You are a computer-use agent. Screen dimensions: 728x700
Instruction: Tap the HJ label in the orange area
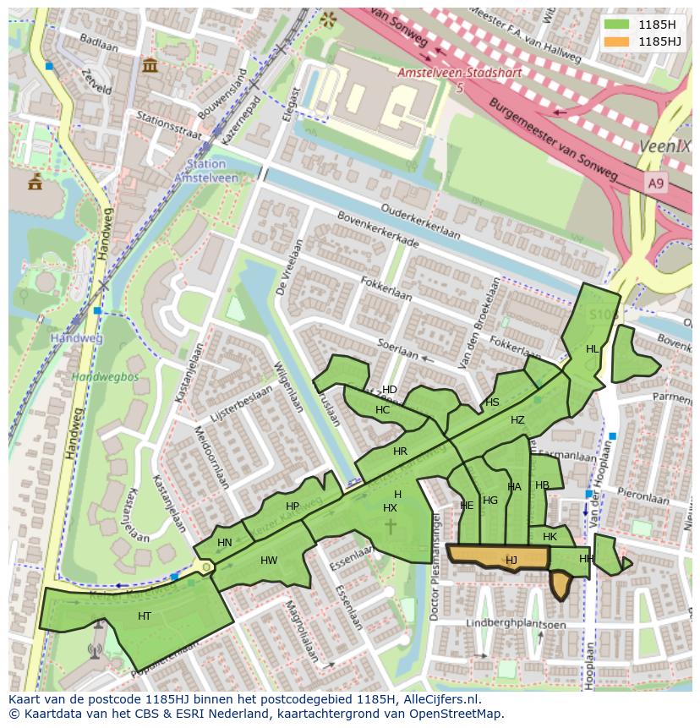click(511, 560)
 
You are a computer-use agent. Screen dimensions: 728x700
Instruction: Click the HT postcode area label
click(145, 616)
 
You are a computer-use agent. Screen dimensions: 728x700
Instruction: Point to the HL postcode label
click(592, 348)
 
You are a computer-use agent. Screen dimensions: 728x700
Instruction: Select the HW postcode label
click(269, 561)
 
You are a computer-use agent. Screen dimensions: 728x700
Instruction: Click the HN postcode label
click(224, 543)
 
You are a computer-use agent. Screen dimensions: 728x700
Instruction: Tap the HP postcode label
click(293, 506)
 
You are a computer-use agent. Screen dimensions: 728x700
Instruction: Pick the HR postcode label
click(400, 452)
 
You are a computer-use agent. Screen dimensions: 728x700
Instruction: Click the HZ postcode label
click(517, 420)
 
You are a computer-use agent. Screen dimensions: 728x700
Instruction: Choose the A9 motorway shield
click(655, 183)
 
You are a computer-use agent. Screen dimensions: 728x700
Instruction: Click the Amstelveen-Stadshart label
click(459, 74)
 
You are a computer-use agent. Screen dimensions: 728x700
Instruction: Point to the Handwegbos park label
click(104, 376)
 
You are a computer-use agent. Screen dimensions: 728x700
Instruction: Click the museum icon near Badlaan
click(150, 65)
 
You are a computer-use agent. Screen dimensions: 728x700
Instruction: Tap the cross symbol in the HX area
click(391, 526)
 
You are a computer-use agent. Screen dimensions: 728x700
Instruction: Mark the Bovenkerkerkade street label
click(378, 230)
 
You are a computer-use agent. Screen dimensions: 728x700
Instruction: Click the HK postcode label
click(550, 537)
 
